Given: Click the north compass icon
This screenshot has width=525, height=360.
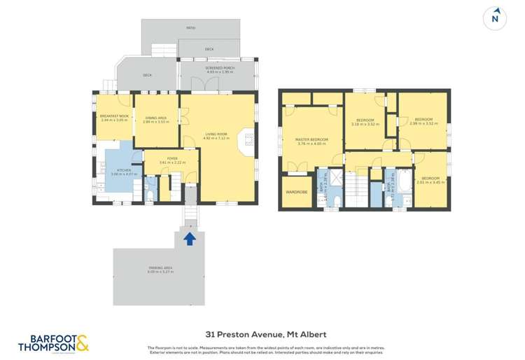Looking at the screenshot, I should point(496,18).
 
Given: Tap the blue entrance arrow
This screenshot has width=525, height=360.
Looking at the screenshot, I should point(188,238).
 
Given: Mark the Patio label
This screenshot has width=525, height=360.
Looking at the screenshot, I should point(190,28).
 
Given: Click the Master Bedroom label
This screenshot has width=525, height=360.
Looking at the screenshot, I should point(310,142).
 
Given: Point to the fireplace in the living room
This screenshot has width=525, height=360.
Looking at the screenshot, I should point(246,144).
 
